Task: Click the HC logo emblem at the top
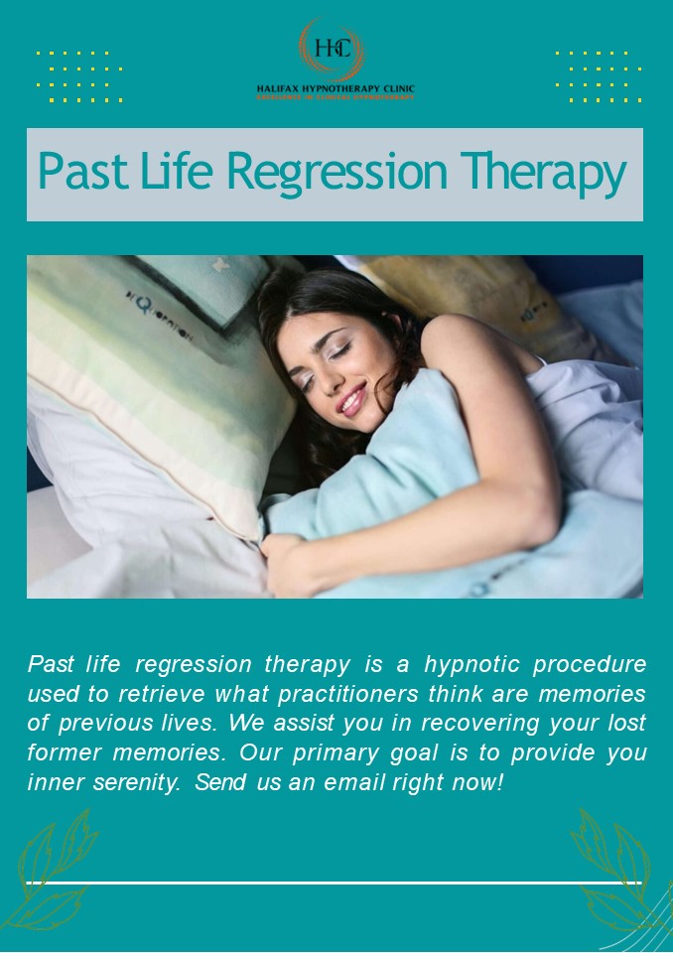332,50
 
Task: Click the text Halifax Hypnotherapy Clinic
336,87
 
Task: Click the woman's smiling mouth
352,401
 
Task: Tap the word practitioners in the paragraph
354,694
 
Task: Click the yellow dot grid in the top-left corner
79,75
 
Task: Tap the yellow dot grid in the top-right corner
598,75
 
